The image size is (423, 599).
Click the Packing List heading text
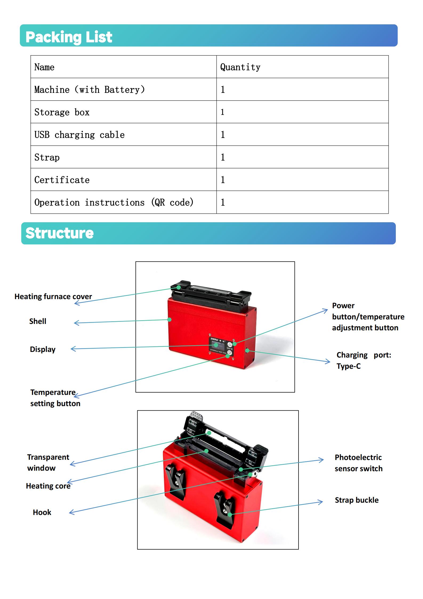click(x=69, y=37)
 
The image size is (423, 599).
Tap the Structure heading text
click(x=59, y=233)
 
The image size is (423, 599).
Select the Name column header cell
click(x=45, y=67)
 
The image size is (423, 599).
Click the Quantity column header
click(x=240, y=67)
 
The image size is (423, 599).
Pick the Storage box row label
click(x=62, y=112)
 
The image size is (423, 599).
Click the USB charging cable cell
click(x=79, y=135)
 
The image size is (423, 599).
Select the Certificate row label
click(x=62, y=180)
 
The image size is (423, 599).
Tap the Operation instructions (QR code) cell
click(x=114, y=202)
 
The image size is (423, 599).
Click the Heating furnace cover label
click(x=53, y=296)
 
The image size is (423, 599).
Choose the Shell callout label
click(x=38, y=321)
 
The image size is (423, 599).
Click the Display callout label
click(x=43, y=349)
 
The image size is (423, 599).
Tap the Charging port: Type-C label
click(x=364, y=360)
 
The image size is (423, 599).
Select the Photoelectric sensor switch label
click(x=358, y=463)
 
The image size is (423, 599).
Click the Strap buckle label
click(x=357, y=500)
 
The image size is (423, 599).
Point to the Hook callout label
click(x=42, y=512)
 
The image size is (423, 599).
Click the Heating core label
click(x=48, y=486)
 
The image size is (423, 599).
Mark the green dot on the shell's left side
click(x=170, y=319)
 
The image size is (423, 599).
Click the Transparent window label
click(x=48, y=462)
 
